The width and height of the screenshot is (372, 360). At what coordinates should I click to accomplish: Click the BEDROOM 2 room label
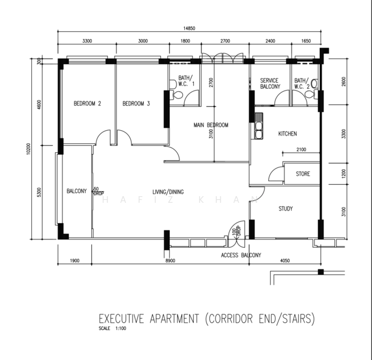point(88,103)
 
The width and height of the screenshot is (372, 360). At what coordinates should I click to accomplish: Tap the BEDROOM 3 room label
point(136,103)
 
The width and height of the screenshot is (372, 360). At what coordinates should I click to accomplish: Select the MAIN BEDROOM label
point(211,125)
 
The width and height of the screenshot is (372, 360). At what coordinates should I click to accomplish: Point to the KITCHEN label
point(287,134)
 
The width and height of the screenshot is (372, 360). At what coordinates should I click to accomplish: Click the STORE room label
point(303,174)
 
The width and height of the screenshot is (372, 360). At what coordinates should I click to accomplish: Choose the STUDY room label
point(286,209)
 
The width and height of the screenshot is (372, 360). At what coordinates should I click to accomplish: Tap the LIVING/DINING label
point(168,192)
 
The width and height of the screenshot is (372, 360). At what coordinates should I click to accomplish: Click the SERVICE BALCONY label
point(270,83)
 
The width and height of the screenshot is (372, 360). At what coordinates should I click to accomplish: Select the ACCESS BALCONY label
point(241,255)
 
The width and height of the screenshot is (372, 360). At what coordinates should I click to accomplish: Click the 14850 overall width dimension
point(189,28)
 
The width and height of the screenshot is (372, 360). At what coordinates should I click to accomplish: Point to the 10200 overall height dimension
point(28,149)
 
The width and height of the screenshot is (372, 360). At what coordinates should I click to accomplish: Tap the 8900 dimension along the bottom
point(170,260)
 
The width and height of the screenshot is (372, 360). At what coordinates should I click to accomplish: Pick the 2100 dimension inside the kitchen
point(301,149)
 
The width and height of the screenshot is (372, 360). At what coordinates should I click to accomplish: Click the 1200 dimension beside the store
point(344,174)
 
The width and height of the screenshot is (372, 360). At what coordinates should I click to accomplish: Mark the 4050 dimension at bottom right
point(285,260)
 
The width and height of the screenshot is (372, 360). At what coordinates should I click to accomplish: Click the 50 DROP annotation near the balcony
point(98,191)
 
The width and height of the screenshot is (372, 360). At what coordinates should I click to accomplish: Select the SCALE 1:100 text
point(112,328)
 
